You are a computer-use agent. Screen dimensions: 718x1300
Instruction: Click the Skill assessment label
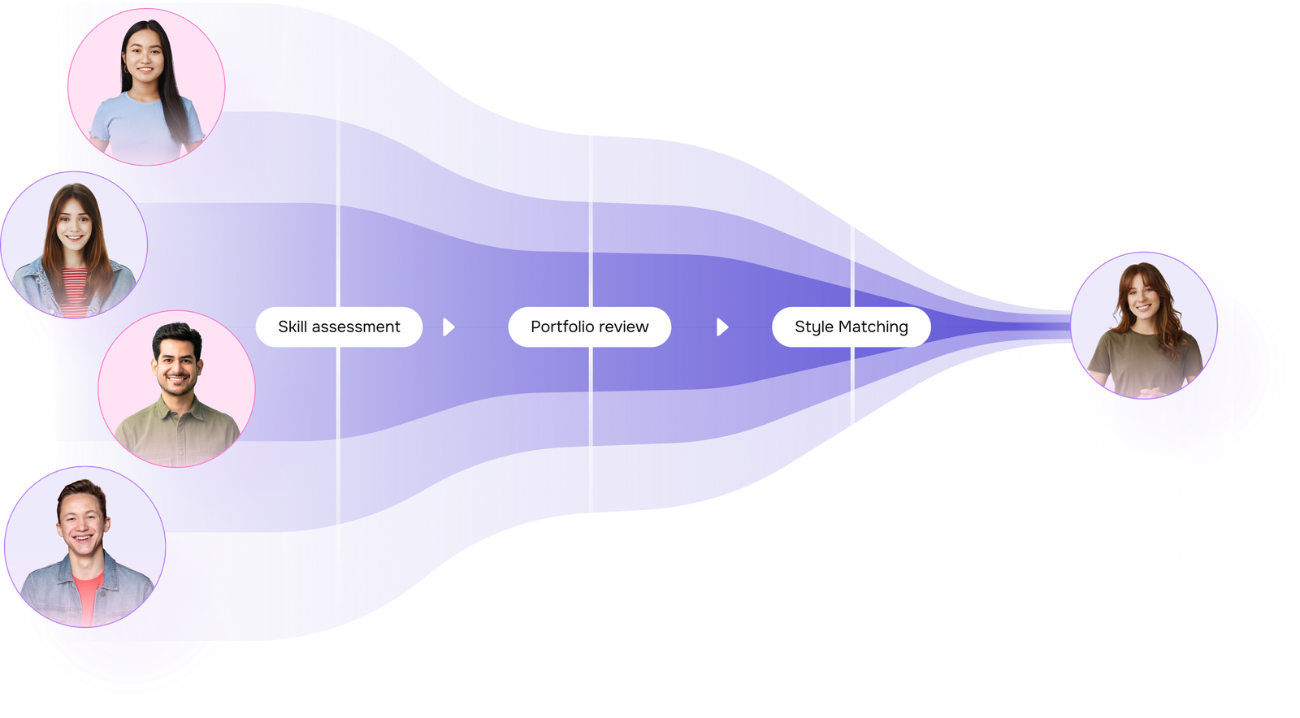[339, 327]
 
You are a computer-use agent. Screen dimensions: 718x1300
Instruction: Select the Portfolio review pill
[589, 327]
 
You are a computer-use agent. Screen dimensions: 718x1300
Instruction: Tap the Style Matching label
[851, 327]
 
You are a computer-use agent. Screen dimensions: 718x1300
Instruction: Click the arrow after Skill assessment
[448, 327]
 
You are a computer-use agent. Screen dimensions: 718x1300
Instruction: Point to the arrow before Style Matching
[722, 327]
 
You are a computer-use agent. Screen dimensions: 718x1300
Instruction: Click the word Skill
[292, 327]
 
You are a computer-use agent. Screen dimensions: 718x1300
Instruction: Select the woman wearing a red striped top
[74, 244]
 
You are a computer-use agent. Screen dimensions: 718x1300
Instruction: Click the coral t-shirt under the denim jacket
[88, 593]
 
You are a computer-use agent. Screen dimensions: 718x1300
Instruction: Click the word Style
[813, 327]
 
